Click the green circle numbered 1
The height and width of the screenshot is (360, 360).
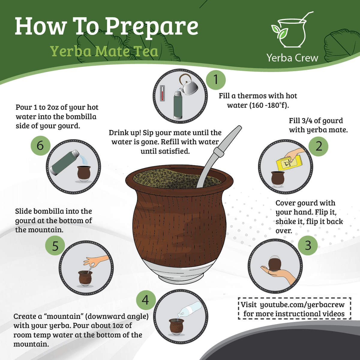216,80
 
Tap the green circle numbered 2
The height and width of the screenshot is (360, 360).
319,146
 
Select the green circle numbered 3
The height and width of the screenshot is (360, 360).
308,245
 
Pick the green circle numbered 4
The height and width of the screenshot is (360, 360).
145,300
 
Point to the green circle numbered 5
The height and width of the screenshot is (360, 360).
55,246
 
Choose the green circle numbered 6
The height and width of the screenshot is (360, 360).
40,145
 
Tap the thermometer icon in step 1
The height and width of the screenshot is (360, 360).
162,93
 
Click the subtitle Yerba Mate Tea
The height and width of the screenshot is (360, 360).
104,51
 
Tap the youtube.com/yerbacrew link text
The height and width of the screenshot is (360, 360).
302,304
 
